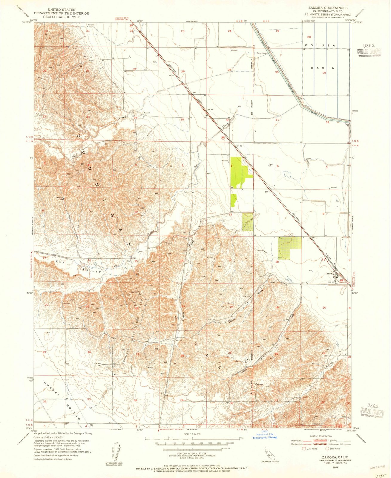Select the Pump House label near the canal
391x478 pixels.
pos(262,53)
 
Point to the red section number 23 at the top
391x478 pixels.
pos(183,31)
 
